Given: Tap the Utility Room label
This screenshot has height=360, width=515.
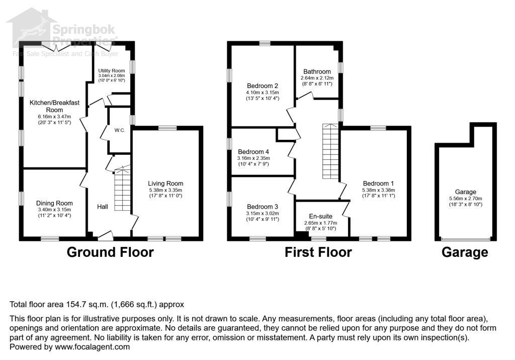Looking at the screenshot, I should click(x=112, y=71).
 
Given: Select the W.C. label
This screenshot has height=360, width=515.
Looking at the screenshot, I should click(x=120, y=130).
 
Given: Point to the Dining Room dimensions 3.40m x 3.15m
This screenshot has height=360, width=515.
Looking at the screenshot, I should click(x=54, y=210).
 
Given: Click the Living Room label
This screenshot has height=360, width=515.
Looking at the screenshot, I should click(x=165, y=184).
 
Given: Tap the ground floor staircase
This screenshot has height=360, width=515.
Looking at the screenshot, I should click(x=122, y=190).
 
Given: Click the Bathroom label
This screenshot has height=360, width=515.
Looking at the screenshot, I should click(x=316, y=72).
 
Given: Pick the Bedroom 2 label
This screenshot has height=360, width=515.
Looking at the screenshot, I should click(x=262, y=85).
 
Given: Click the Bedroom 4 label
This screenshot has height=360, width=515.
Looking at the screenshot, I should click(x=253, y=152).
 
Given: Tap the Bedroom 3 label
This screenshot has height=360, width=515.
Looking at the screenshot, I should click(x=262, y=206).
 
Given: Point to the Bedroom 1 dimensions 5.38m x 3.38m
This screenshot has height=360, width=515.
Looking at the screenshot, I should click(x=378, y=191).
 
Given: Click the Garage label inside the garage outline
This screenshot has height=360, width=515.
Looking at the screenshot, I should click(x=465, y=192).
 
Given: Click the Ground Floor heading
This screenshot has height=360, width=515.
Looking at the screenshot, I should click(x=110, y=252).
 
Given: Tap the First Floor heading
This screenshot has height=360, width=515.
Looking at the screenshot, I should click(x=318, y=252).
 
